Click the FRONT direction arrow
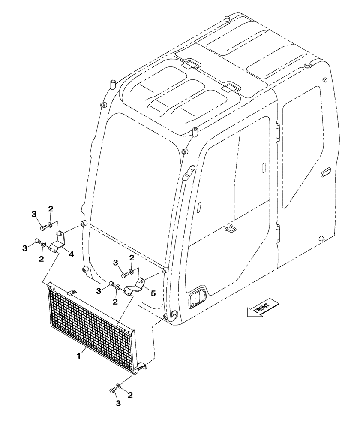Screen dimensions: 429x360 click(x=259, y=310)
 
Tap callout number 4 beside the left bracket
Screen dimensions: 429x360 click(x=72, y=254)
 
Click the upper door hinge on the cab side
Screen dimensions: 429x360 click(x=277, y=131)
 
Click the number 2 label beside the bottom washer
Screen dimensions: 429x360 click(x=129, y=394)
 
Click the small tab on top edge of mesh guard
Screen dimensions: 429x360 click(x=72, y=292)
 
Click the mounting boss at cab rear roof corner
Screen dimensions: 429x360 click(x=307, y=65)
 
